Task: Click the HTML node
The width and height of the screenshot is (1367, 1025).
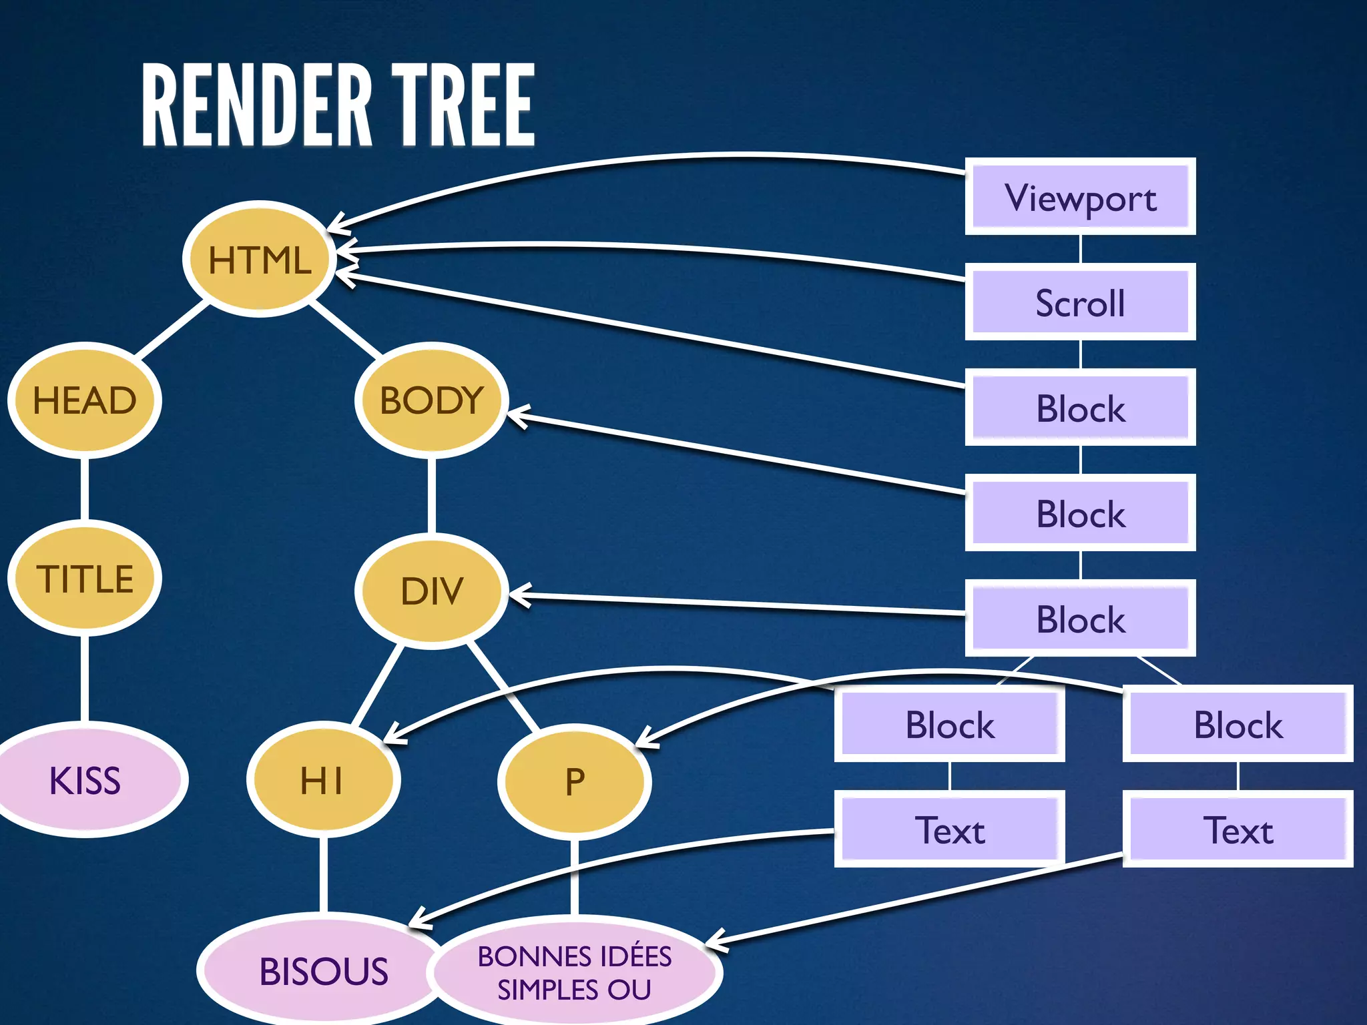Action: [x=259, y=259]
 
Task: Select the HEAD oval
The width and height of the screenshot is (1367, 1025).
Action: [x=85, y=400]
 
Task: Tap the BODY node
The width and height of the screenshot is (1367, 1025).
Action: [x=431, y=400]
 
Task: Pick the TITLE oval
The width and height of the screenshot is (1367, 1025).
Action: [x=85, y=578]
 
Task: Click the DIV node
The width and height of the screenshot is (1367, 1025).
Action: [x=431, y=591]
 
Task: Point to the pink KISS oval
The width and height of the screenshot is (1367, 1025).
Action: [x=85, y=779]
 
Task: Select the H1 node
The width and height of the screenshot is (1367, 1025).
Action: [x=323, y=781]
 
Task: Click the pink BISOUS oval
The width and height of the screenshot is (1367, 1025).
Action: [x=323, y=970]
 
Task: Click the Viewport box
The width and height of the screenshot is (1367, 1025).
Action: [x=1080, y=197]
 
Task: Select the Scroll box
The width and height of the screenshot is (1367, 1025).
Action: [x=1080, y=302]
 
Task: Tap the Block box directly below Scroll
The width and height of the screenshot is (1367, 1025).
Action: [x=1080, y=408]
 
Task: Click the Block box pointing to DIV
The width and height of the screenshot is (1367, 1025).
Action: [x=1080, y=619]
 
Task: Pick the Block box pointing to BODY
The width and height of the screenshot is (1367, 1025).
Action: [x=1080, y=513]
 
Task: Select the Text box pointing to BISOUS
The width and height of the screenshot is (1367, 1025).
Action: [x=949, y=829]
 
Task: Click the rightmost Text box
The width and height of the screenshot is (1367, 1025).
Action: [x=1238, y=829]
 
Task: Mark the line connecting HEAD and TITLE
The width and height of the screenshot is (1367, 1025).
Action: [x=85, y=488]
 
